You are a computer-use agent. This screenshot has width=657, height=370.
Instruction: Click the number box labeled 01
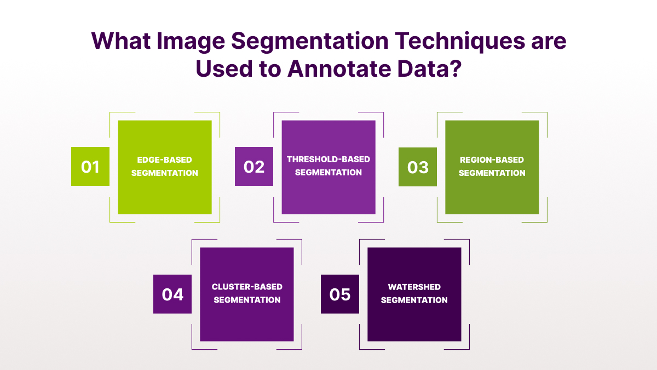coord(90,166)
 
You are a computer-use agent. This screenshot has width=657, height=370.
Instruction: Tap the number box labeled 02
coord(254,166)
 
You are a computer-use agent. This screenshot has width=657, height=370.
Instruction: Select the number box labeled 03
coord(418,167)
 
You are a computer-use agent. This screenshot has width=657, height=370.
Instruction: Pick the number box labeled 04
coord(172,294)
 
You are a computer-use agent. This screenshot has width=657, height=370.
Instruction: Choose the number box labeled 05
coord(340,294)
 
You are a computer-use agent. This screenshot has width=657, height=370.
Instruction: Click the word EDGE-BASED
coord(165,160)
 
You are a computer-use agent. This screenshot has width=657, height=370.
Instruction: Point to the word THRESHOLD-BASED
coord(328,159)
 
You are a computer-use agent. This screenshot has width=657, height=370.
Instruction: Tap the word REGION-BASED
coord(492,160)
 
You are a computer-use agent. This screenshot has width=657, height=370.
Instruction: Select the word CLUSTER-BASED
coord(247,287)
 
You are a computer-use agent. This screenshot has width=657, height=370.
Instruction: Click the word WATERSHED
coord(414,287)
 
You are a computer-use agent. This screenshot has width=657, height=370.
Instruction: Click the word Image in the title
coord(191,42)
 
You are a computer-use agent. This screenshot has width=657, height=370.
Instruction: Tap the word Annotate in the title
coord(339,69)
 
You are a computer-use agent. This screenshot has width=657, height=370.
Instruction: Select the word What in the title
coord(121,41)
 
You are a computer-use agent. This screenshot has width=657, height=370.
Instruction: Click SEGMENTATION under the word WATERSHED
coord(414,300)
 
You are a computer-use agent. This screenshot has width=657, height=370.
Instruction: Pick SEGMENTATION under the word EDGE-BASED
coord(165,173)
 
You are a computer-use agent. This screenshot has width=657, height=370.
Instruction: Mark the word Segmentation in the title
coord(310,42)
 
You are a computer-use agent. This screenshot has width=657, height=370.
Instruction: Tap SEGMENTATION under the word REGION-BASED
coord(492,173)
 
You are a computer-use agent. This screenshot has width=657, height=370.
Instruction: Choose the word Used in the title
coord(224,69)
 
